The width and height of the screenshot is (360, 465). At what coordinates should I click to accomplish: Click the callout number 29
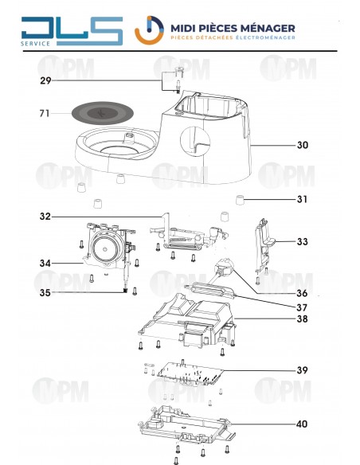pos(45,81)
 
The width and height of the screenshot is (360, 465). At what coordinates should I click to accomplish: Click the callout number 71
pos(45,114)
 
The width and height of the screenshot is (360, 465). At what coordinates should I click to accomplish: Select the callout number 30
pos(302,146)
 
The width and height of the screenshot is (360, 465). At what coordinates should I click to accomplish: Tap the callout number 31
pos(302,199)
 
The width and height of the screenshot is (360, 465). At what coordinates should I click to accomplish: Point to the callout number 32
pos(45,216)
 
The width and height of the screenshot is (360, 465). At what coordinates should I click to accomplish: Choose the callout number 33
pos(302,241)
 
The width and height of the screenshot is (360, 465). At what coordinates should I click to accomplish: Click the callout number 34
pos(45,264)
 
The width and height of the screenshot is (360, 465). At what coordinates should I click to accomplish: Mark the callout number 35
pos(45,292)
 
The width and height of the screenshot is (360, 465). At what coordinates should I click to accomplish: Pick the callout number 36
pos(302,294)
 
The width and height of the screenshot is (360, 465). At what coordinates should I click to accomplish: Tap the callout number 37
pos(302,307)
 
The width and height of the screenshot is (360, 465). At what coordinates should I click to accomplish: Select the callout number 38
pos(302,320)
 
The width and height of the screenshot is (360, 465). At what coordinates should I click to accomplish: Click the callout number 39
pos(302,370)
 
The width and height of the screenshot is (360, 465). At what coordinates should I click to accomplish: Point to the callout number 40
pos(302,424)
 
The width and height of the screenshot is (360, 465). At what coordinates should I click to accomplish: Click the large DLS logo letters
pos(72,30)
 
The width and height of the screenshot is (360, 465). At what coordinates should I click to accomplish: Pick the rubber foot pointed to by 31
pos(238,198)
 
